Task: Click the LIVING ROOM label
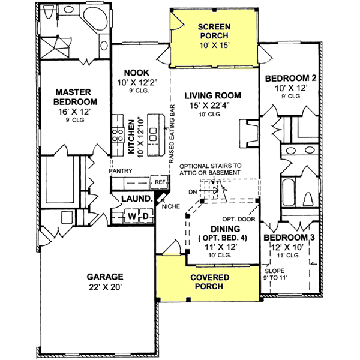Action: point(212,95)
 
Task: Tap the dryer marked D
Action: point(145,215)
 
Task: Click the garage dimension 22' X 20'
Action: point(104,287)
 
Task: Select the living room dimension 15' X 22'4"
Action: point(212,106)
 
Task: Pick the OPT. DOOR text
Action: point(237,218)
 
